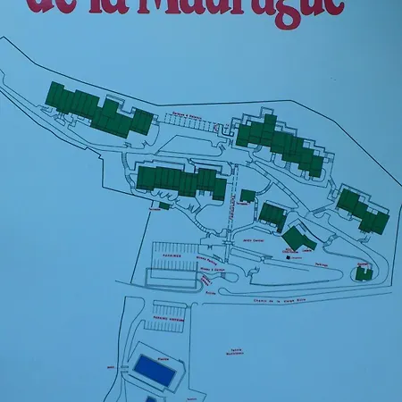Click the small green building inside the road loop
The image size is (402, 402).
(x=362, y=273)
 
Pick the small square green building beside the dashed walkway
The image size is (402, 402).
(x=247, y=196)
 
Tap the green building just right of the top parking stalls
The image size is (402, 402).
(x=284, y=143)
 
